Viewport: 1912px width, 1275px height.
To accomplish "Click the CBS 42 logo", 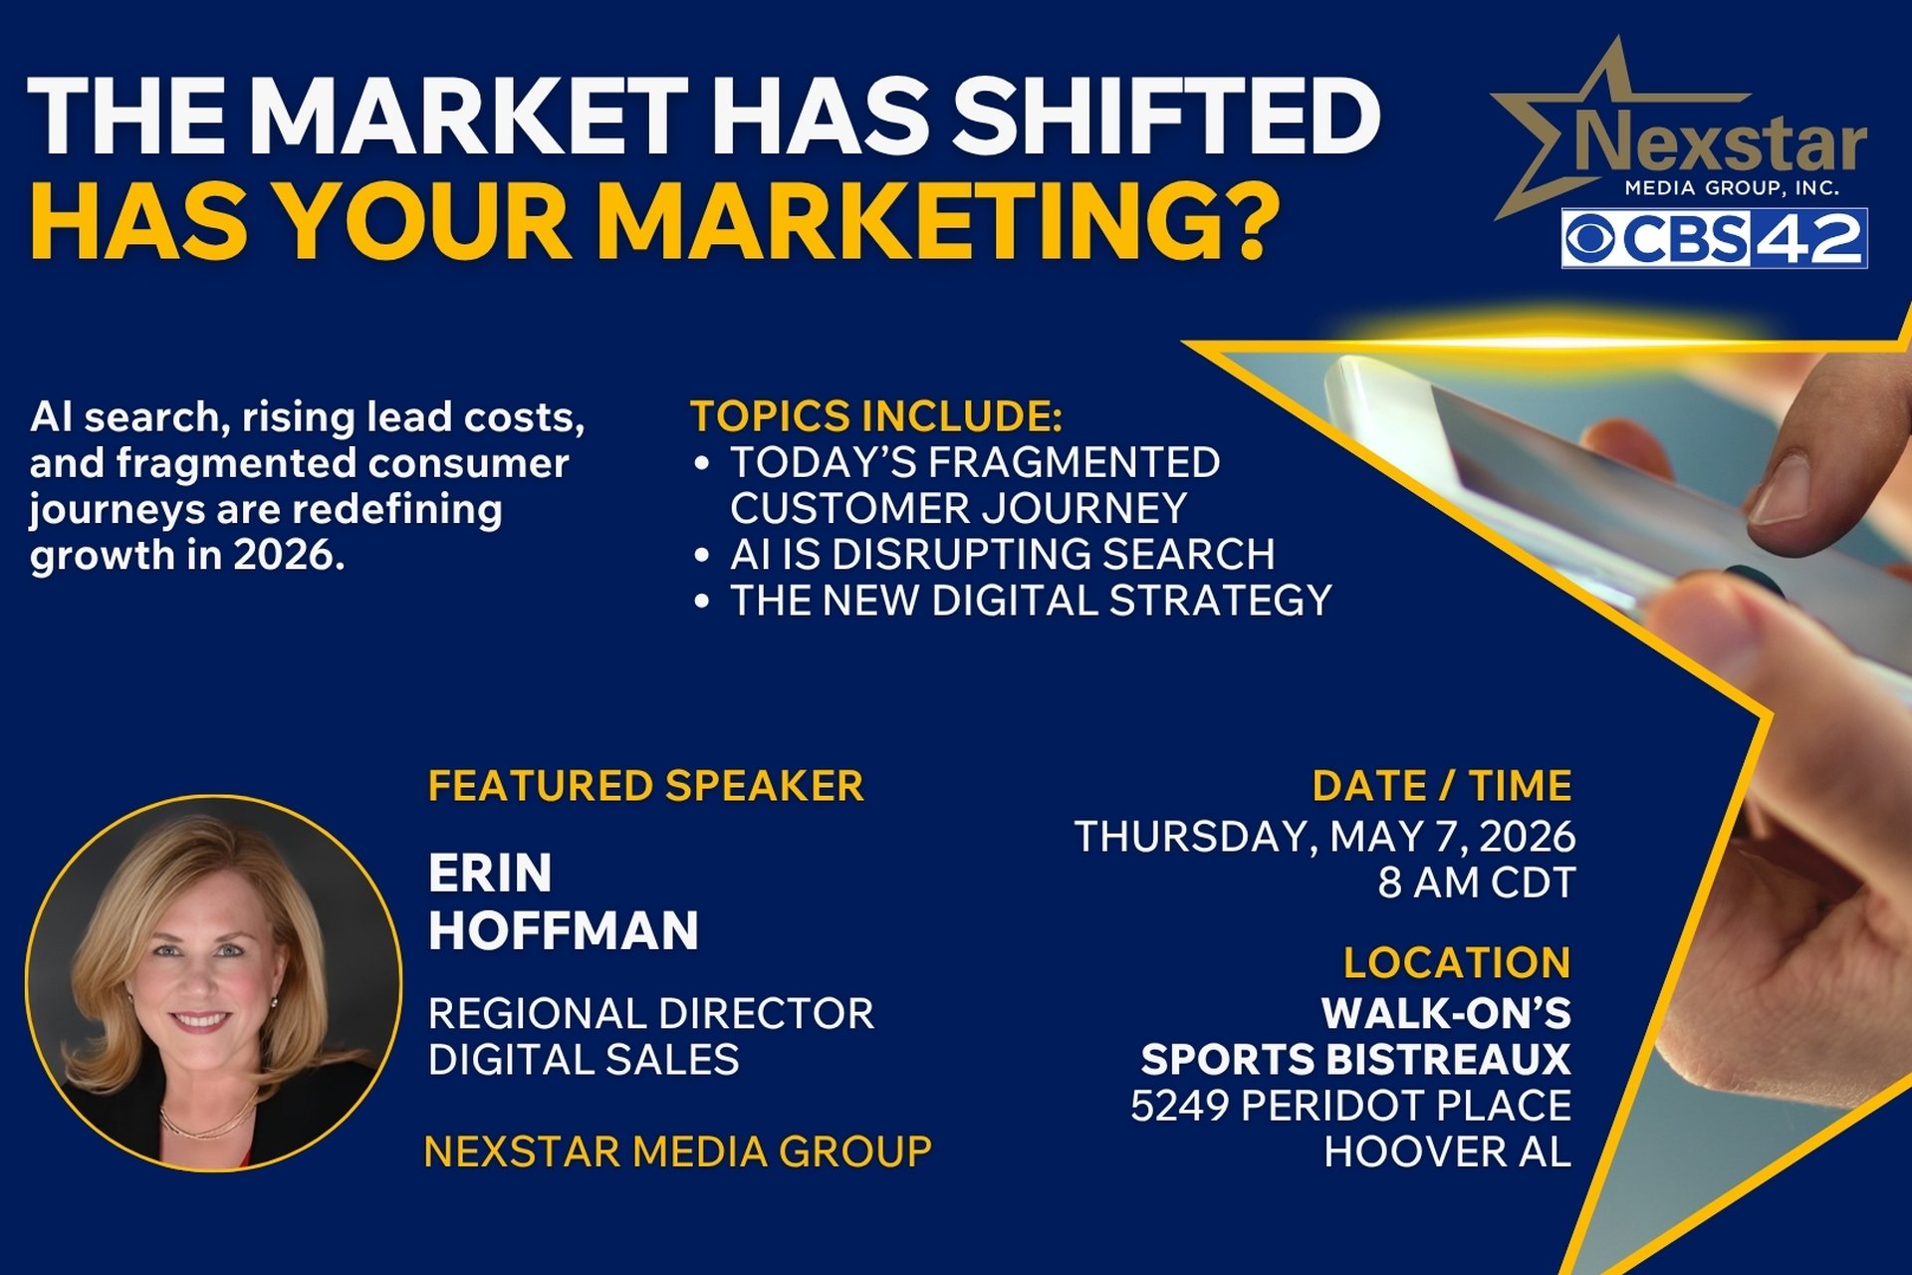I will tap(1713, 238).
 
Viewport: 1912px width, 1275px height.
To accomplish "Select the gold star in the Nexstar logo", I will tap(1553, 139).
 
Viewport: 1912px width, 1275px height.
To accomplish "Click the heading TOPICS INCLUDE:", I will tap(876, 416).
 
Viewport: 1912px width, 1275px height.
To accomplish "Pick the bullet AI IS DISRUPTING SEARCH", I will tap(1002, 554).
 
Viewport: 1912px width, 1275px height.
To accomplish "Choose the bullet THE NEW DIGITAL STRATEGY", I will tap(1031, 600).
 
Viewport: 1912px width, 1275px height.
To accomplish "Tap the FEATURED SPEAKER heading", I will tap(645, 786).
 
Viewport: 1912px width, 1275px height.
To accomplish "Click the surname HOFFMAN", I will tap(564, 930).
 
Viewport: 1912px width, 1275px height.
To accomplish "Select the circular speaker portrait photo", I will tap(213, 982).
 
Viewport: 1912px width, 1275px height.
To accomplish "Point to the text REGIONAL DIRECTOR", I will tap(651, 1013).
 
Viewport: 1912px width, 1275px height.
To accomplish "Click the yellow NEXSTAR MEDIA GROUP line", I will tap(678, 1151).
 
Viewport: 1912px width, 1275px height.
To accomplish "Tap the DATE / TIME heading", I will tap(1442, 786).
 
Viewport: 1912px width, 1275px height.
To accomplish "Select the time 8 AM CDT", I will tap(1476, 883).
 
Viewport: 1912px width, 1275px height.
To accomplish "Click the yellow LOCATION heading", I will tap(1457, 962).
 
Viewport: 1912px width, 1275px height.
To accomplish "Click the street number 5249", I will tap(1179, 1106).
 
